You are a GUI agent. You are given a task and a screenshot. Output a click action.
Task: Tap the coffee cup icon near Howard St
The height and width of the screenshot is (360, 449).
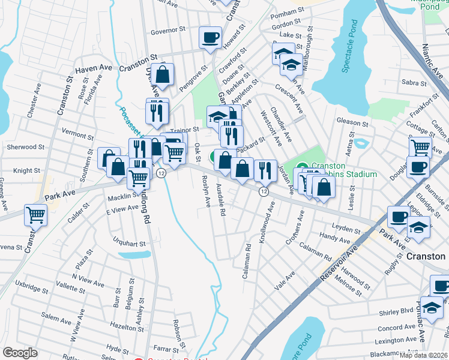click(x=210, y=38)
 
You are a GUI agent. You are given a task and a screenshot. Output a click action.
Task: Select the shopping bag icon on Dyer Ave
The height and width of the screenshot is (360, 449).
click(x=162, y=75)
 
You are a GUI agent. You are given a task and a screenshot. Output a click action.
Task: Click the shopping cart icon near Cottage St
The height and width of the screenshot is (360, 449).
click(x=420, y=147)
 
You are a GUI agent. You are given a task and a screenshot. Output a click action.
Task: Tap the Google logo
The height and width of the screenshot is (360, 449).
click(x=20, y=353)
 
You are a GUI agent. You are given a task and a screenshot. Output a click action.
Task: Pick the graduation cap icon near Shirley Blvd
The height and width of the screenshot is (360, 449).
click(x=432, y=308)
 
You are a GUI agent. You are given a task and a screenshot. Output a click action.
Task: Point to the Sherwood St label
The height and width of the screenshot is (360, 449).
click(x=25, y=146)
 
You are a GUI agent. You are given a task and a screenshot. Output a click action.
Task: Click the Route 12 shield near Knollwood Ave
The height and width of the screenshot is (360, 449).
click(x=263, y=191)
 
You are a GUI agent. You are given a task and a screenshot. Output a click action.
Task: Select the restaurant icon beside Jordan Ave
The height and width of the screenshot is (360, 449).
click(x=264, y=171)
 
